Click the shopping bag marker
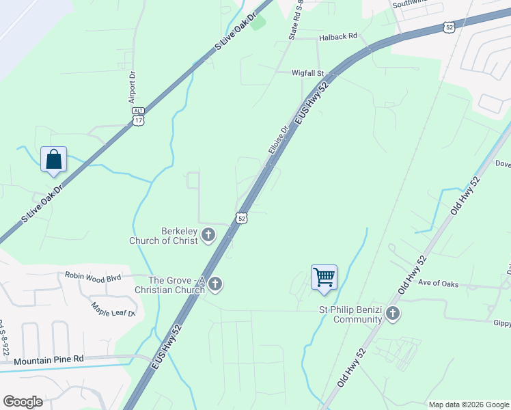point(54,160)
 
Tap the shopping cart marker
point(324,277)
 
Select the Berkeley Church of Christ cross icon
point(208,236)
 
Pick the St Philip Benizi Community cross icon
point(392,314)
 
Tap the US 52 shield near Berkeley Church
point(241,218)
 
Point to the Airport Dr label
point(133,87)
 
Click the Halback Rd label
point(339,36)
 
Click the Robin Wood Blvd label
point(93,276)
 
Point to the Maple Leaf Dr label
point(113,309)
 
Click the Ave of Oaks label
point(439,284)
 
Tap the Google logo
point(23,402)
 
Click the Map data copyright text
point(468,405)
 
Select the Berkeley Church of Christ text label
point(164,236)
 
